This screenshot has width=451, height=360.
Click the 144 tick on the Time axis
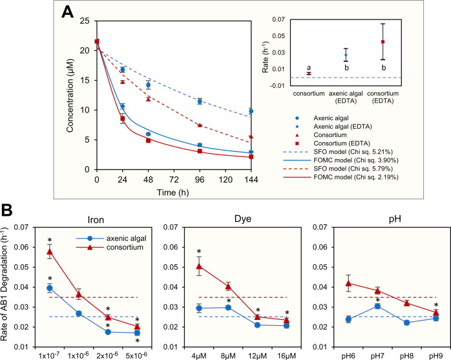[250, 179]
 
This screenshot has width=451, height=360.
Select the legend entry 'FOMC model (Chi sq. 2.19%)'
[361, 179]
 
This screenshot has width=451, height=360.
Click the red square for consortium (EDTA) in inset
[383, 41]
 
